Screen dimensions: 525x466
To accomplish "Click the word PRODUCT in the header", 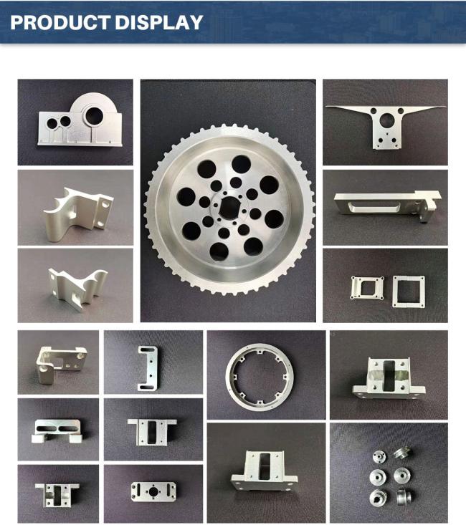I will pos(57,22).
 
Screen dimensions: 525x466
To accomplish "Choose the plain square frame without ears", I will pos(408,292).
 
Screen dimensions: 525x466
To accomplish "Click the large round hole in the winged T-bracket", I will pos(389,120).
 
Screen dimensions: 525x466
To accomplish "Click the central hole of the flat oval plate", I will pos(153,491).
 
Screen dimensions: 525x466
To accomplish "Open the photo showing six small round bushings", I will pos(388,472).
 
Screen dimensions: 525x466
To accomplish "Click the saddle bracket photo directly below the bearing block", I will pos(75,208).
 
